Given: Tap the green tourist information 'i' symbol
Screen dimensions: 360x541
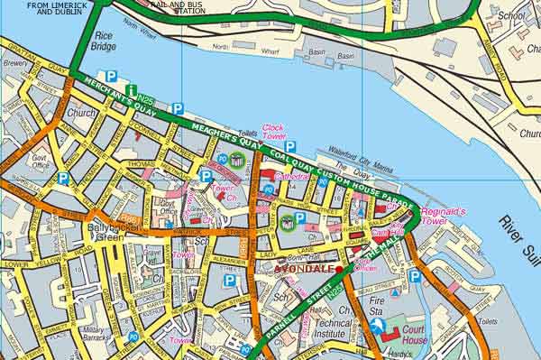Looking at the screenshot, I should tap(132, 90).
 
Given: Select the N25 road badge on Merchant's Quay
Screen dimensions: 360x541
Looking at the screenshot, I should tap(150, 95).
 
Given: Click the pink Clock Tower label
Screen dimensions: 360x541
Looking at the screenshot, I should tap(273, 133).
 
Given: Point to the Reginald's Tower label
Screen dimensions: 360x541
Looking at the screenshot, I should tap(444, 216).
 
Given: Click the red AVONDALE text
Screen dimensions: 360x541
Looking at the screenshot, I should tap(302, 270).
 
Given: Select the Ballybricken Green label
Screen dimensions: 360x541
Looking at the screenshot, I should tap(110, 233).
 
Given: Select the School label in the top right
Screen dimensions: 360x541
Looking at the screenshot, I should tap(512, 15).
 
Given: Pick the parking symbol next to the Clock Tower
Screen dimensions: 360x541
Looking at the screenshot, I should tap(290, 145).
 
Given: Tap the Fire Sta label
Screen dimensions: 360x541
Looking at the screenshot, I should tap(375, 303).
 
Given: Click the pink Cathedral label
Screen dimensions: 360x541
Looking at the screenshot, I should tap(288, 178).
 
